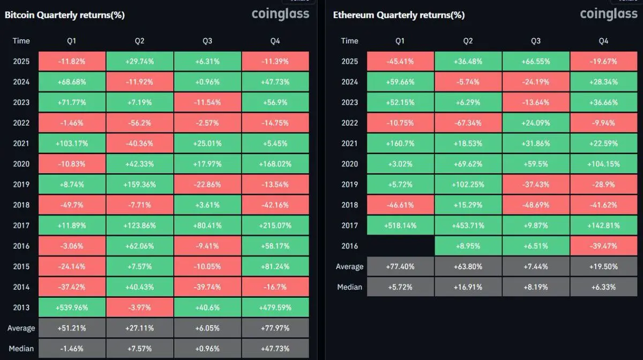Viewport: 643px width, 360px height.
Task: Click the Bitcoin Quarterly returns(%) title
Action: click(65, 15)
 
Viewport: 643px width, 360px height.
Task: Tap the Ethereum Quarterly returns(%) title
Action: click(399, 15)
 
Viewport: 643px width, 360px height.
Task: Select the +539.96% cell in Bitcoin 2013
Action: click(72, 307)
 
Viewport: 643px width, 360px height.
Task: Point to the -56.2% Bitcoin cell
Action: click(140, 123)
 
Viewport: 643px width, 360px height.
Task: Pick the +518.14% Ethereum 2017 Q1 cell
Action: click(400, 226)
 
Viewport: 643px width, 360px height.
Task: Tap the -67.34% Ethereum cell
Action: click(468, 123)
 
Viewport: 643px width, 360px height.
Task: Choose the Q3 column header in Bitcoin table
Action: click(207, 41)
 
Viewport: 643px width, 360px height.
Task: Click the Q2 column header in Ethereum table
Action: click(468, 41)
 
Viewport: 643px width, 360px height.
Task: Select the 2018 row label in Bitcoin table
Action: click(21, 205)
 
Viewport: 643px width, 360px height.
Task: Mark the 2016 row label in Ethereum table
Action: click(349, 246)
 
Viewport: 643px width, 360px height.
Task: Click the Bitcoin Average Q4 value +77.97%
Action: click(275, 328)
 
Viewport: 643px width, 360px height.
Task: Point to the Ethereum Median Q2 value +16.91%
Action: click(468, 287)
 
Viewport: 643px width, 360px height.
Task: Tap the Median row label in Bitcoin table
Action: click(21, 348)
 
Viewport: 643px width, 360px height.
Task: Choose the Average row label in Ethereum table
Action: click(349, 267)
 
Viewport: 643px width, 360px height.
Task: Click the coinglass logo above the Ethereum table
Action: click(608, 14)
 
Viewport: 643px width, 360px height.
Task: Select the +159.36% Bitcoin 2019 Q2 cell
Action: click(140, 184)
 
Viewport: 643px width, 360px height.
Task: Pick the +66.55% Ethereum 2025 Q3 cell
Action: click(536, 61)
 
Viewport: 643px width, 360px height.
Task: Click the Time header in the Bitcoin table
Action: click(21, 41)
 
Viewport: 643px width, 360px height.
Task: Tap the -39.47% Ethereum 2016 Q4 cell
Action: click(603, 246)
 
